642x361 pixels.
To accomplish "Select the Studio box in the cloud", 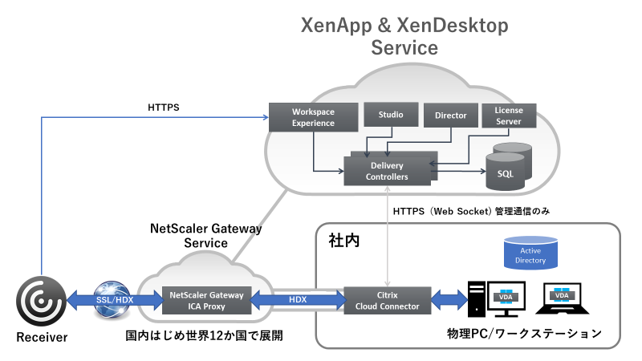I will pyautogui.click(x=391, y=114).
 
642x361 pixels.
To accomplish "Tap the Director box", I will pyautogui.click(x=451, y=116).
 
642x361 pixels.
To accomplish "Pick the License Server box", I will pyautogui.click(x=508, y=116).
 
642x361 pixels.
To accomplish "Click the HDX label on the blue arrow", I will pyautogui.click(x=299, y=298).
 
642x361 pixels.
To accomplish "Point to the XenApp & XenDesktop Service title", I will pyautogui.click(x=404, y=36).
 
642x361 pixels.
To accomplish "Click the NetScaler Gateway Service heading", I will pyautogui.click(x=206, y=234).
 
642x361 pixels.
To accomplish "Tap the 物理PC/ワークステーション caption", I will pyautogui.click(x=524, y=333).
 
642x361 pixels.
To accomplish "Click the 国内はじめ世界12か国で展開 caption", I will pyautogui.click(x=205, y=333).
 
